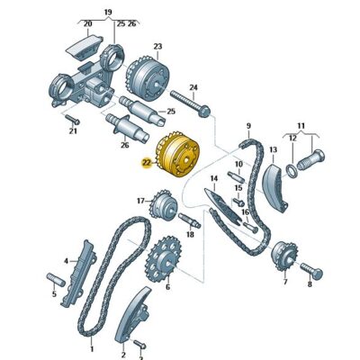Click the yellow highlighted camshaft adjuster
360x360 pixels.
[178, 157]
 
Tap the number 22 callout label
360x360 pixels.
[147, 163]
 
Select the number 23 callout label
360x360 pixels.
[157, 46]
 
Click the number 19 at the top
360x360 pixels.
[108, 13]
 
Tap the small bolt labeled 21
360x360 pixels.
[70, 120]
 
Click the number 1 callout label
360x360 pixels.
[91, 346]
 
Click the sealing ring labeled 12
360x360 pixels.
[292, 168]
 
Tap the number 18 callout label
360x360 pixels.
[190, 235]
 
